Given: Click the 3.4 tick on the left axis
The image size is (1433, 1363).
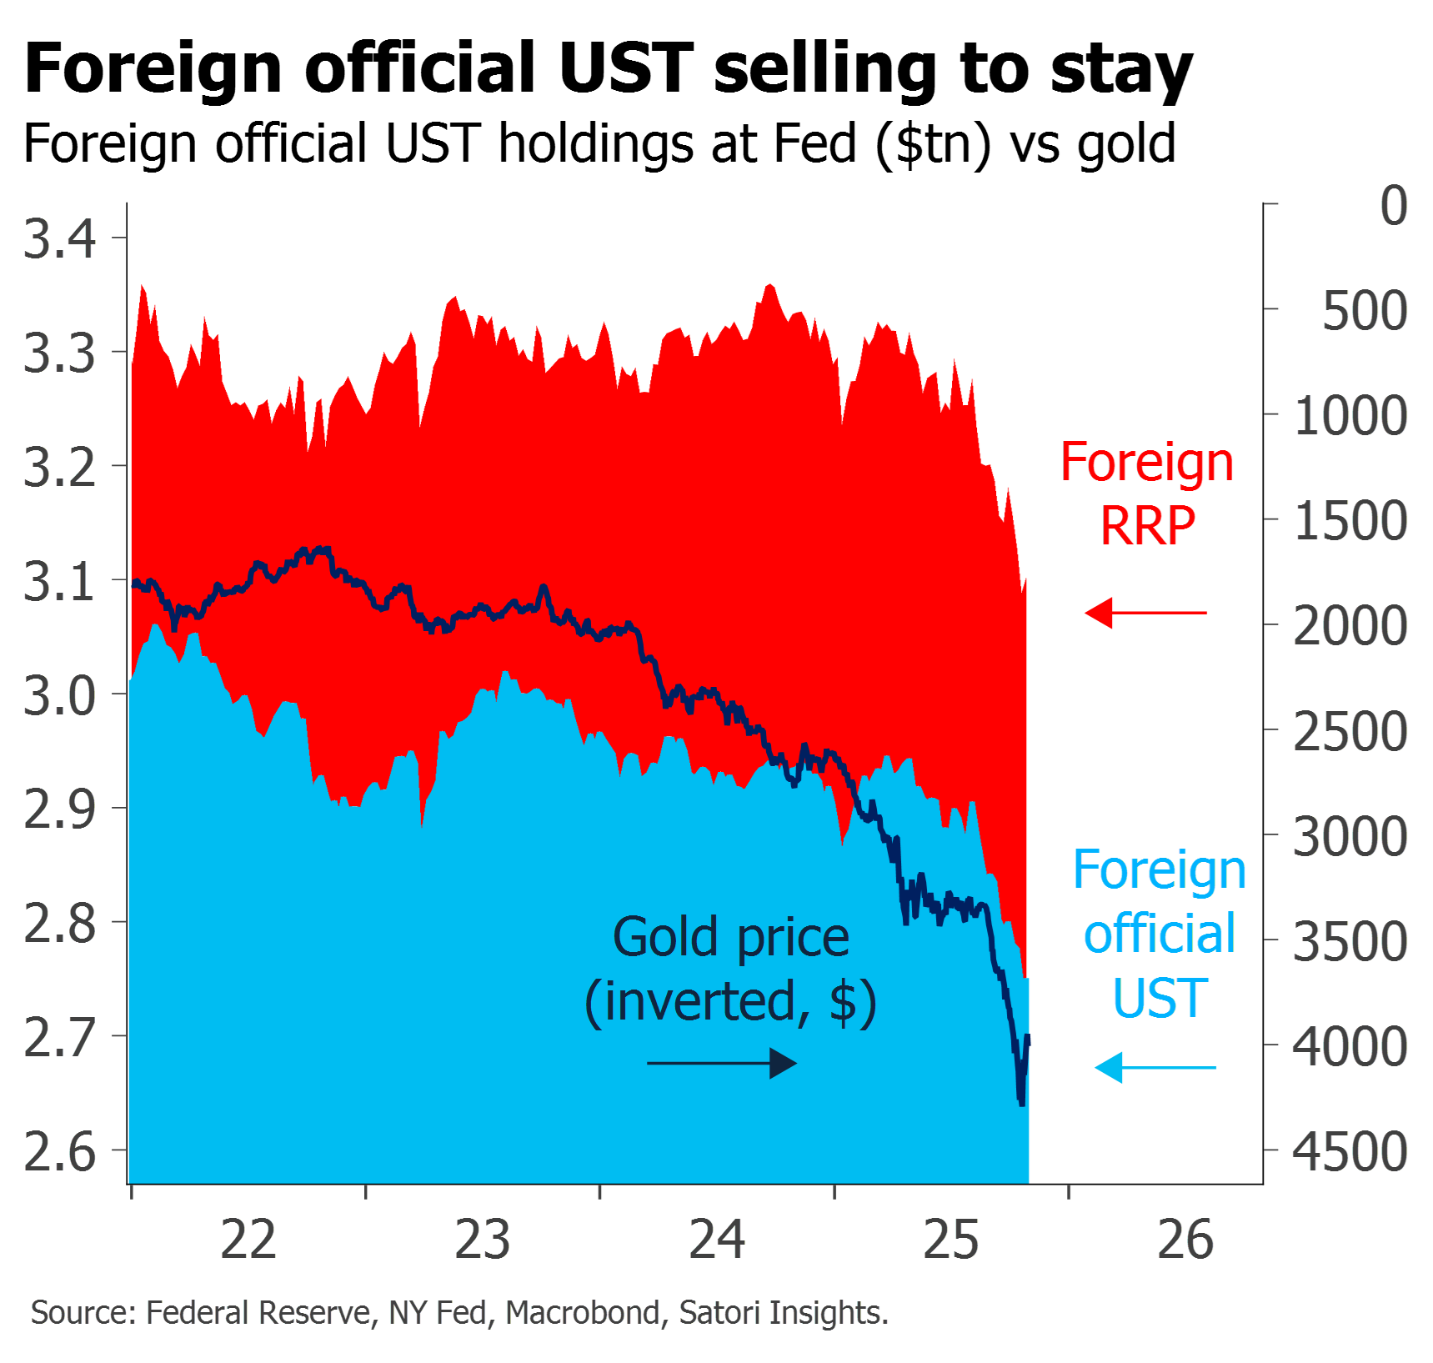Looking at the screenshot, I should point(60,239).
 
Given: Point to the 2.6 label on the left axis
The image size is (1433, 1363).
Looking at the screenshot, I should point(60,1152).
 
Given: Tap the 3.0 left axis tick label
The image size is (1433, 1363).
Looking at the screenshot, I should point(60,696).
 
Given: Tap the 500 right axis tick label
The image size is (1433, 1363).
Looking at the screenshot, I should point(1365,311).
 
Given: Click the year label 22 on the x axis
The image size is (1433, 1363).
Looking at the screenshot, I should point(248,1240).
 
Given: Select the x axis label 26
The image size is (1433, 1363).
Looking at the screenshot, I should point(1185,1240).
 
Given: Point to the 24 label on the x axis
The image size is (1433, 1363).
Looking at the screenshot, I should point(717,1240).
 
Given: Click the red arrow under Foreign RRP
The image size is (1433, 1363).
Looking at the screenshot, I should point(1145,613).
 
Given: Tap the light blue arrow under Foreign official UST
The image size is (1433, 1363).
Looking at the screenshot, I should point(1155,1067).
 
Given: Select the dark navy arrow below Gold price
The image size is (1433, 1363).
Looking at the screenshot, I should point(722,1064).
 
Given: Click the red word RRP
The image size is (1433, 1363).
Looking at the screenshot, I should point(1148,526).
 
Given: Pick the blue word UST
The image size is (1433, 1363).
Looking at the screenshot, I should point(1160,998).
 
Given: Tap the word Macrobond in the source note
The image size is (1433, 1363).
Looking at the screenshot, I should point(583,1312).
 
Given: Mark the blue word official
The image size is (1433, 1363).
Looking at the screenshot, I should point(1160,934).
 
